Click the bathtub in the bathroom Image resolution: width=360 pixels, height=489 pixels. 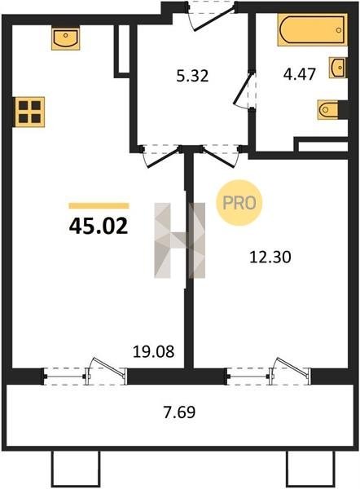[312, 30]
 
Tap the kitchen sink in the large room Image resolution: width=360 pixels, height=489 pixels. [66, 38]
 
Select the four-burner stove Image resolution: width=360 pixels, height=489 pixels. [30, 112]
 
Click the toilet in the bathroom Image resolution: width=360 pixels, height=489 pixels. [328, 109]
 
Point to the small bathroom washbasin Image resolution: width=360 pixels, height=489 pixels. [337, 68]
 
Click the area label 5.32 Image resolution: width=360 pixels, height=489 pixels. [192, 76]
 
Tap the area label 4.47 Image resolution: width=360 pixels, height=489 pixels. [300, 74]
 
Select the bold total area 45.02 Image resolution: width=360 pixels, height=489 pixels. [99, 226]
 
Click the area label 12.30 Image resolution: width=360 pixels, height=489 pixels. [270, 258]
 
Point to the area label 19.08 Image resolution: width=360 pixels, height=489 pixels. [154, 352]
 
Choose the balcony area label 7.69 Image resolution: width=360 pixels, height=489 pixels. [180, 412]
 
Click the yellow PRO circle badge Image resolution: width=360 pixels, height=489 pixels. [239, 203]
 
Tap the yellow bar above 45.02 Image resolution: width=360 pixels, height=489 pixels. [99, 205]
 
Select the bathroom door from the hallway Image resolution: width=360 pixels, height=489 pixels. [244, 90]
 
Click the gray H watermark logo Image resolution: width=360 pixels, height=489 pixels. [180, 240]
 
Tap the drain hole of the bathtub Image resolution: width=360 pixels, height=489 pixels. [339, 30]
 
